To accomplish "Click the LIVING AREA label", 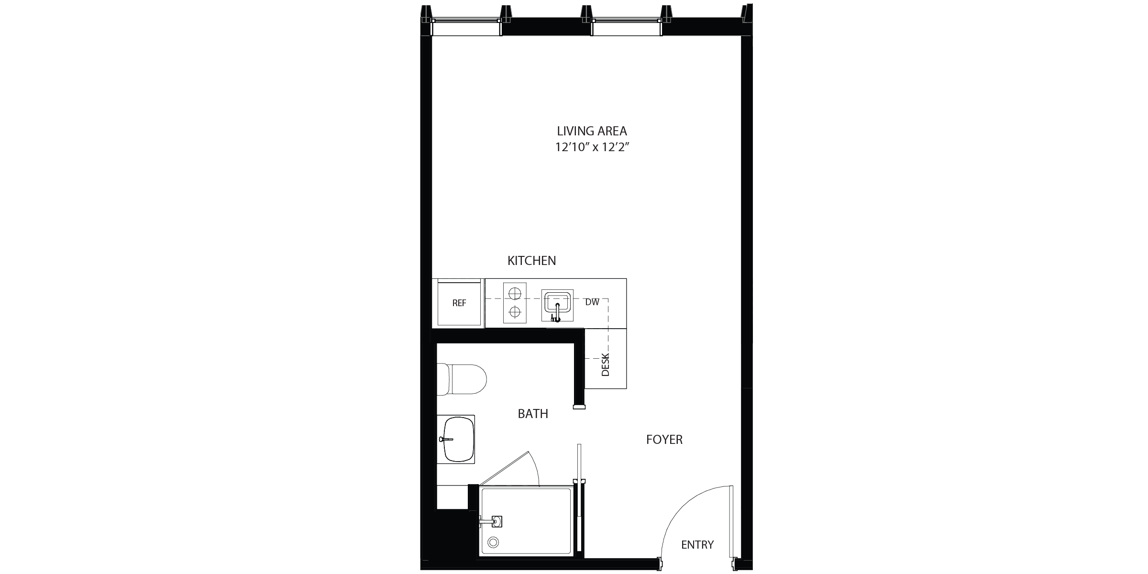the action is (592, 131).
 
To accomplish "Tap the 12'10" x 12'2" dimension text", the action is (592, 147).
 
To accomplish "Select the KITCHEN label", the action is (531, 261).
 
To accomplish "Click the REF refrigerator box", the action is (459, 303).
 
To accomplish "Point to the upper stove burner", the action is (515, 292).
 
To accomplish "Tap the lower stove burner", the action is (515, 312).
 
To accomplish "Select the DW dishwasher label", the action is (592, 302).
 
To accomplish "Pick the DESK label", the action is (606, 364).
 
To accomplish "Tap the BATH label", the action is (533, 414).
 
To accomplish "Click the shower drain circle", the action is (493, 542).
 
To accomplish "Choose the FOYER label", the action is (664, 440).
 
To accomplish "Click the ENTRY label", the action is (697, 545).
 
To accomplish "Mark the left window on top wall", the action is (466, 27).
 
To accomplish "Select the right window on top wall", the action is (627, 27).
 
